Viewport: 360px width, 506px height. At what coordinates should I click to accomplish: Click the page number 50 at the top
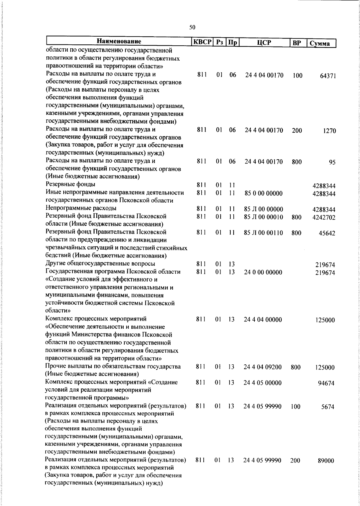(x=192, y=27)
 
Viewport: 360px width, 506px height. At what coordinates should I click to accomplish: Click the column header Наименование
(x=119, y=41)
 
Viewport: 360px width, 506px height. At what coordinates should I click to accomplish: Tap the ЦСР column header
(x=264, y=42)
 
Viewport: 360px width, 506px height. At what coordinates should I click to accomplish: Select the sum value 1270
(x=329, y=131)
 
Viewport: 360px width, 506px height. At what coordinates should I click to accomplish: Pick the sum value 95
(x=332, y=163)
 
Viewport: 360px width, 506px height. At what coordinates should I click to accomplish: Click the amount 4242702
(x=324, y=217)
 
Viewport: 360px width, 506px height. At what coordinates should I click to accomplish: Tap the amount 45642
(x=327, y=233)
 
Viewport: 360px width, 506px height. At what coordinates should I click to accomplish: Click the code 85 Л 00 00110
(x=263, y=233)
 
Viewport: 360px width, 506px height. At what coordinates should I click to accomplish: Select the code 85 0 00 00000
(x=263, y=194)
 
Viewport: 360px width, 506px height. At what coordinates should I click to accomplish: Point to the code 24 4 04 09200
(x=262, y=367)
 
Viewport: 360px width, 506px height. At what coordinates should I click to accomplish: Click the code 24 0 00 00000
(x=263, y=273)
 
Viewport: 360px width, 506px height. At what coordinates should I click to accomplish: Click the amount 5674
(x=328, y=407)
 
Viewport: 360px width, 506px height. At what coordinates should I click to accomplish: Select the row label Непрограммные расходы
(x=81, y=208)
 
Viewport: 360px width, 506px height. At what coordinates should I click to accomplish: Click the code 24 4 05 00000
(x=262, y=383)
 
